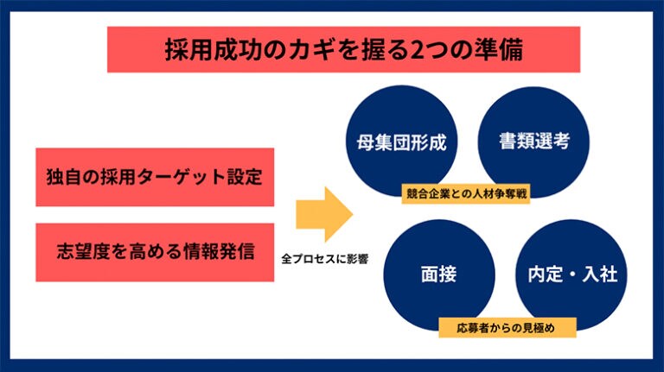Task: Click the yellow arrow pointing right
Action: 324,214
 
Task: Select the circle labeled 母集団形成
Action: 402,142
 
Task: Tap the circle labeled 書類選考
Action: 533,142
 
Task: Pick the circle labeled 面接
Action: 439,274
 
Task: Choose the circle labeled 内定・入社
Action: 571,274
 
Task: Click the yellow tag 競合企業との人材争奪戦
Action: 466,193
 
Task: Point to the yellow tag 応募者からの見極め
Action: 508,328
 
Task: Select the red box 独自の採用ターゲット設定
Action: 155,177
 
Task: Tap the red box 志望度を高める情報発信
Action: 155,252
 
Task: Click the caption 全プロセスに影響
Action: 325,259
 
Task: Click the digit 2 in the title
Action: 418,50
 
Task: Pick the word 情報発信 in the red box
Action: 219,251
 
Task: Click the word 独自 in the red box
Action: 63,177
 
